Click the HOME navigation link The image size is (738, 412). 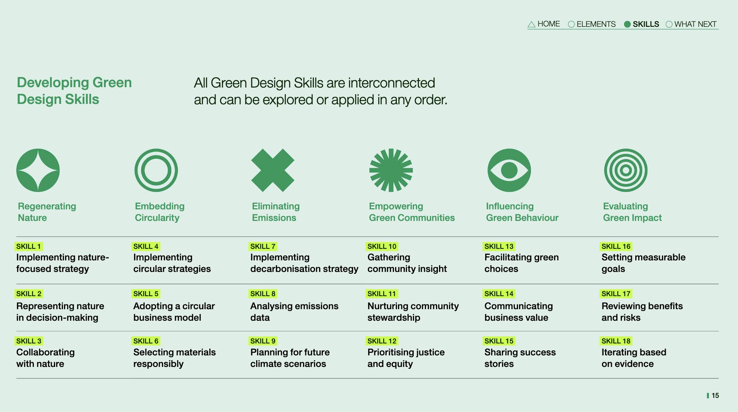(544, 24)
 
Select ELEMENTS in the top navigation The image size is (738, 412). (592, 24)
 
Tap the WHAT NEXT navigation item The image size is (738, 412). (691, 24)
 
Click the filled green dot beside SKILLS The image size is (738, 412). (627, 24)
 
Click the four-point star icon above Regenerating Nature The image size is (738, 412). (38, 170)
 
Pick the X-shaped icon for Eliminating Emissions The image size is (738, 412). (273, 170)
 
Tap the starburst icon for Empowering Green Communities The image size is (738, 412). (391, 170)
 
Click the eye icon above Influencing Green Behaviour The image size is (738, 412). (509, 170)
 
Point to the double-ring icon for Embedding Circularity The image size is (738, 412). (156, 152)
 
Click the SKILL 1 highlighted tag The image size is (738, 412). (29, 246)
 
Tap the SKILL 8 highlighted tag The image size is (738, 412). (263, 294)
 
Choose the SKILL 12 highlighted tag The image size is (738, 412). (382, 341)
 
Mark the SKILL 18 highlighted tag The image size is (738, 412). (616, 341)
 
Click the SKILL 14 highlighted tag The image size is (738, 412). (499, 294)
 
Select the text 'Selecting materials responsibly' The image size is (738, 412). (174, 358)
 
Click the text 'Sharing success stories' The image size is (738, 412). (520, 358)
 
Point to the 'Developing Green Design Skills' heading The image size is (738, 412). (74, 91)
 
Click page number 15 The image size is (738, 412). (715, 396)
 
